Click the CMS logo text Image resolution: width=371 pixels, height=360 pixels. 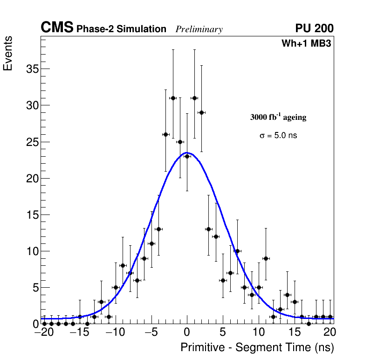pyautogui.click(x=57, y=28)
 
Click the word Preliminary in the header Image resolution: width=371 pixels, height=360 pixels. pyautogui.click(x=199, y=29)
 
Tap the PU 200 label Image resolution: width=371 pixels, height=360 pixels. pyautogui.click(x=314, y=28)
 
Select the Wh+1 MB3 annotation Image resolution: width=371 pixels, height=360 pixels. pyautogui.click(x=306, y=44)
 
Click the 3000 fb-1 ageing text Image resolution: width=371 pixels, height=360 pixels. pyautogui.click(x=278, y=118)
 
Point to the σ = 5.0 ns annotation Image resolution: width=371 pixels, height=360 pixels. pyautogui.click(x=278, y=136)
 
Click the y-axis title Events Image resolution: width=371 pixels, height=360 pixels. pyautogui.click(x=8, y=53)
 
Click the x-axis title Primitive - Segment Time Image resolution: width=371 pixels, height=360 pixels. pyautogui.click(x=257, y=348)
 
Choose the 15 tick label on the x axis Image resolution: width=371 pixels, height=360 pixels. pyautogui.click(x=295, y=332)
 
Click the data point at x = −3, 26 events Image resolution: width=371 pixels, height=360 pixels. pyautogui.click(x=165, y=134)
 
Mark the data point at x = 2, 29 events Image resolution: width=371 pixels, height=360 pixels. pyautogui.click(x=201, y=112)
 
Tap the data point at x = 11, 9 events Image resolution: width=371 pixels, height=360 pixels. pyautogui.click(x=266, y=258)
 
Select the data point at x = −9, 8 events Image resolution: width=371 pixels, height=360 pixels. pyautogui.click(x=123, y=265)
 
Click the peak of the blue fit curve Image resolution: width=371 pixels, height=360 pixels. pyautogui.click(x=187, y=152)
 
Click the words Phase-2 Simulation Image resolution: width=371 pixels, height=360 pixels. pyautogui.click(x=121, y=29)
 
